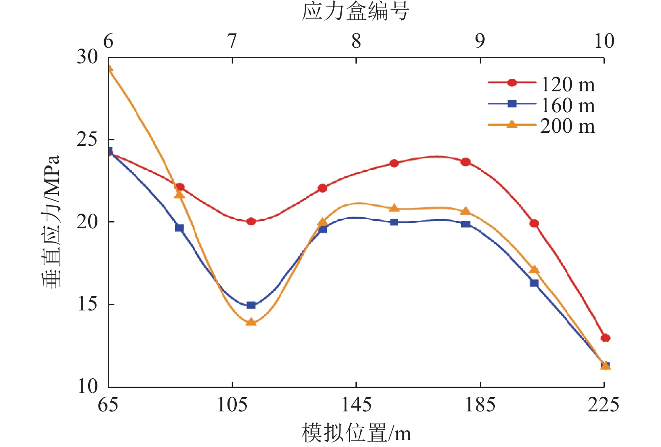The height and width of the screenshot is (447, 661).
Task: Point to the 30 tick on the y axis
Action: click(x=87, y=57)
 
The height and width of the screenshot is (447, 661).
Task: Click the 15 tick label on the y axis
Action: click(x=87, y=304)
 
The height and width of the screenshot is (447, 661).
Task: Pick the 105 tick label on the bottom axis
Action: click(x=232, y=405)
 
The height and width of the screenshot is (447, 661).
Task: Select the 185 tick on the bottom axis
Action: click(x=480, y=405)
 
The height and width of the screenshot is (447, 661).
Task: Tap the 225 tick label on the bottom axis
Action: click(x=603, y=405)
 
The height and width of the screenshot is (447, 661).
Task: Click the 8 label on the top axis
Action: click(x=356, y=41)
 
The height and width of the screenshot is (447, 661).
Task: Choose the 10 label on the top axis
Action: click(x=604, y=41)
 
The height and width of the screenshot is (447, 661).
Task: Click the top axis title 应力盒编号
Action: click(x=355, y=11)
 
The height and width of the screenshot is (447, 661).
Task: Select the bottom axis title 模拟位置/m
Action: click(x=356, y=433)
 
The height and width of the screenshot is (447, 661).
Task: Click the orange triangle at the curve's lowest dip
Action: click(x=251, y=322)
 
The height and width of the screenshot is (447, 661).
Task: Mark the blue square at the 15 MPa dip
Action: click(x=251, y=305)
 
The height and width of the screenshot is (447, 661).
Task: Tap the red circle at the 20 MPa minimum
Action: click(x=251, y=221)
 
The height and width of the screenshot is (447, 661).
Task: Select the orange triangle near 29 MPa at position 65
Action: click(x=109, y=69)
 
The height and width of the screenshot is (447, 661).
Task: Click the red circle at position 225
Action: click(x=605, y=338)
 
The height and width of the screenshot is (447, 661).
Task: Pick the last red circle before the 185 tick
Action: click(x=465, y=162)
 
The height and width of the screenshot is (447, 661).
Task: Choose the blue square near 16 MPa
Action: click(x=534, y=283)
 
